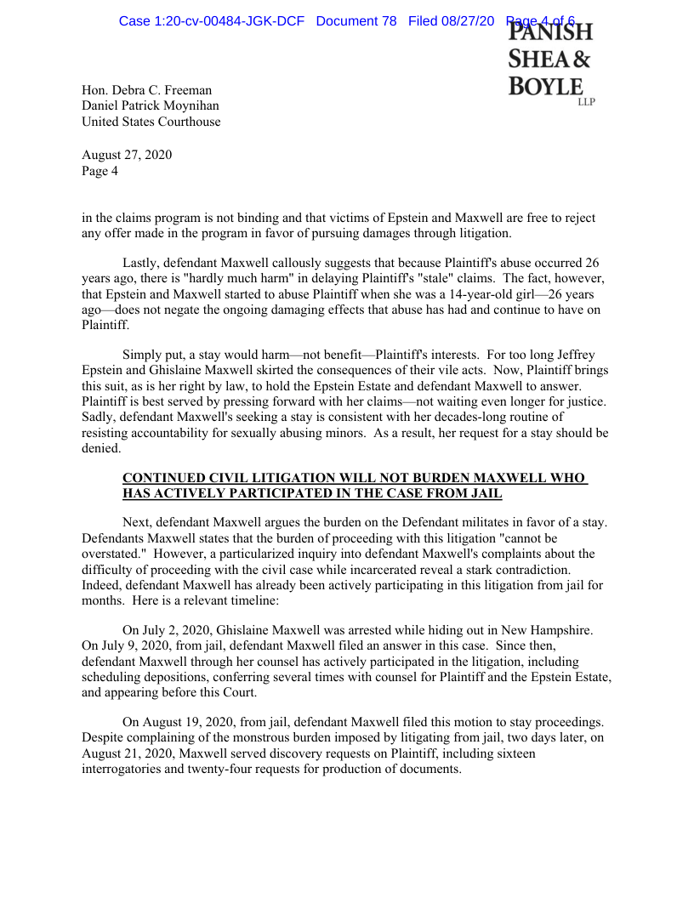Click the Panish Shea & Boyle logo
tap(549, 64)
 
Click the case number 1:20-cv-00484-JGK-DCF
tap(211, 20)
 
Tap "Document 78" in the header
tap(356, 20)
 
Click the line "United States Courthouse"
tap(151, 122)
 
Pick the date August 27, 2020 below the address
tap(127, 155)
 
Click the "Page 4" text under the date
tap(100, 170)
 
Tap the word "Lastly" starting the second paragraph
tap(141, 263)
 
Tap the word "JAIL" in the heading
tap(485, 493)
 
